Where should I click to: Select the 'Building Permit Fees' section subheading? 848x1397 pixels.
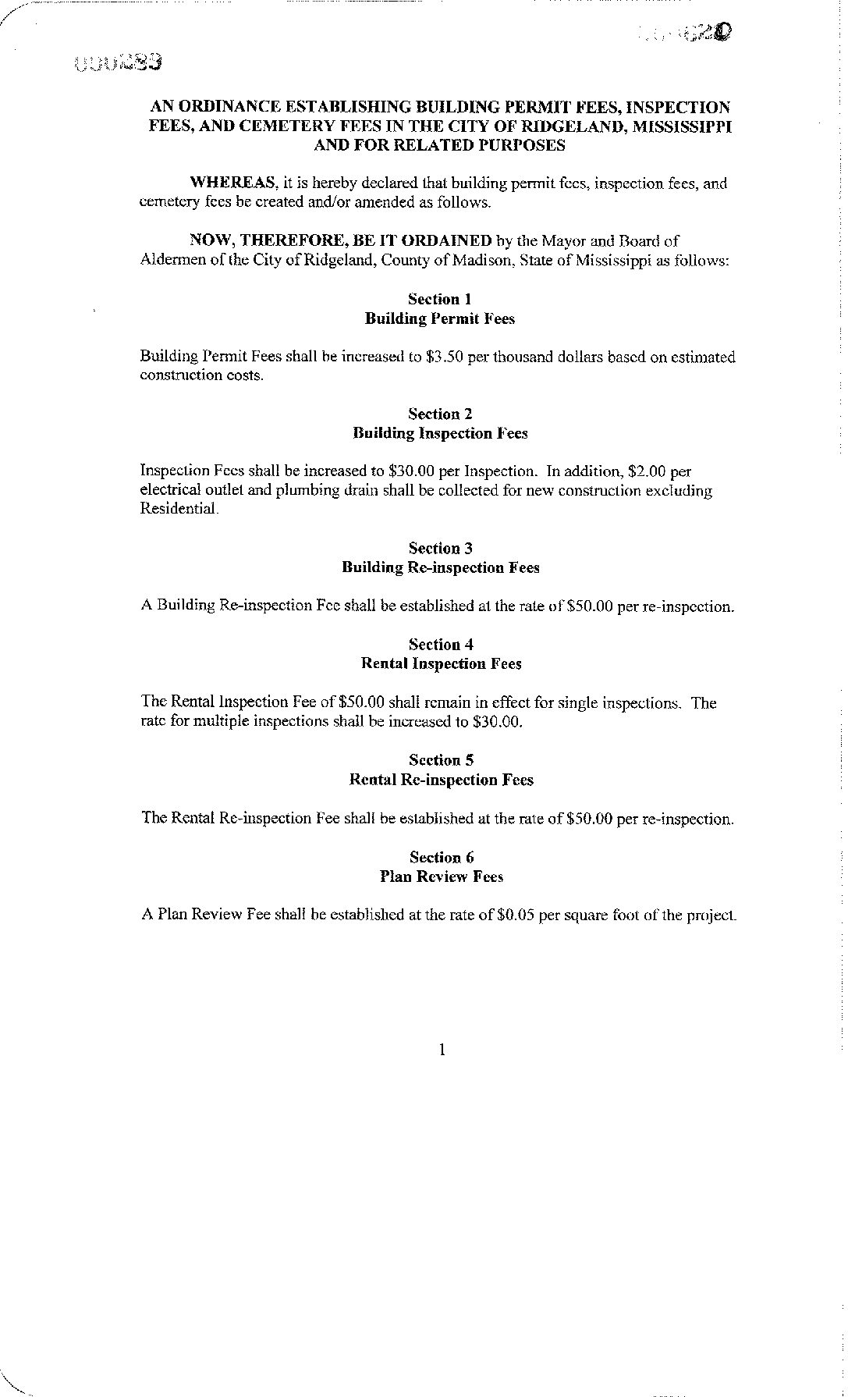click(439, 318)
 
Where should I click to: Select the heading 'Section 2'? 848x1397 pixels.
click(440, 414)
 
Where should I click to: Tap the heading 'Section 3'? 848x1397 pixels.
click(440, 548)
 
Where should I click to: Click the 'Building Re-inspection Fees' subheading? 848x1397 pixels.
click(440, 567)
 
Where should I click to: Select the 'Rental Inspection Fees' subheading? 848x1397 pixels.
click(441, 664)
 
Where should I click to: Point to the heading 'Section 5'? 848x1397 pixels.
click(441, 760)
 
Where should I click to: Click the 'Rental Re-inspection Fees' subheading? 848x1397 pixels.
click(441, 780)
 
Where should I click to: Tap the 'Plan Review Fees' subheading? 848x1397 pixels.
click(441, 876)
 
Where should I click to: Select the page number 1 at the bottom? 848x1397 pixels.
click(442, 1050)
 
